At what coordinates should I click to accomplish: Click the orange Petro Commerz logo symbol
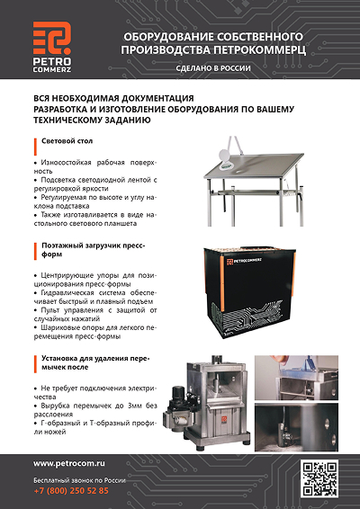(x=52, y=38)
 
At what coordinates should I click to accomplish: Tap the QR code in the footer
(x=319, y=478)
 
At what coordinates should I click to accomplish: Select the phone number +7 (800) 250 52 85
(x=71, y=490)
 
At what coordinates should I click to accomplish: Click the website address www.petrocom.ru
(x=69, y=463)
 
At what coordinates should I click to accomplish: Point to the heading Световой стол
(x=67, y=141)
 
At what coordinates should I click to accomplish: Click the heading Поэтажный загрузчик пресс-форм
(x=94, y=250)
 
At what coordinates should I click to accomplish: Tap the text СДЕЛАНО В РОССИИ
(x=213, y=68)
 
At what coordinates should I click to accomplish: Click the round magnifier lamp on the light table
(x=225, y=155)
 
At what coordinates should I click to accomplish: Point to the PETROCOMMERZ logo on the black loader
(x=245, y=261)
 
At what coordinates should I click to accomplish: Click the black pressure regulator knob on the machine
(x=178, y=393)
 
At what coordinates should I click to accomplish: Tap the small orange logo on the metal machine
(x=223, y=419)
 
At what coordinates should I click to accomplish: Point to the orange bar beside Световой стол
(x=35, y=147)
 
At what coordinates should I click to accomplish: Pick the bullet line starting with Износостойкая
(x=95, y=166)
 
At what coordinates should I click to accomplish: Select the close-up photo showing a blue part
(x=296, y=378)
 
